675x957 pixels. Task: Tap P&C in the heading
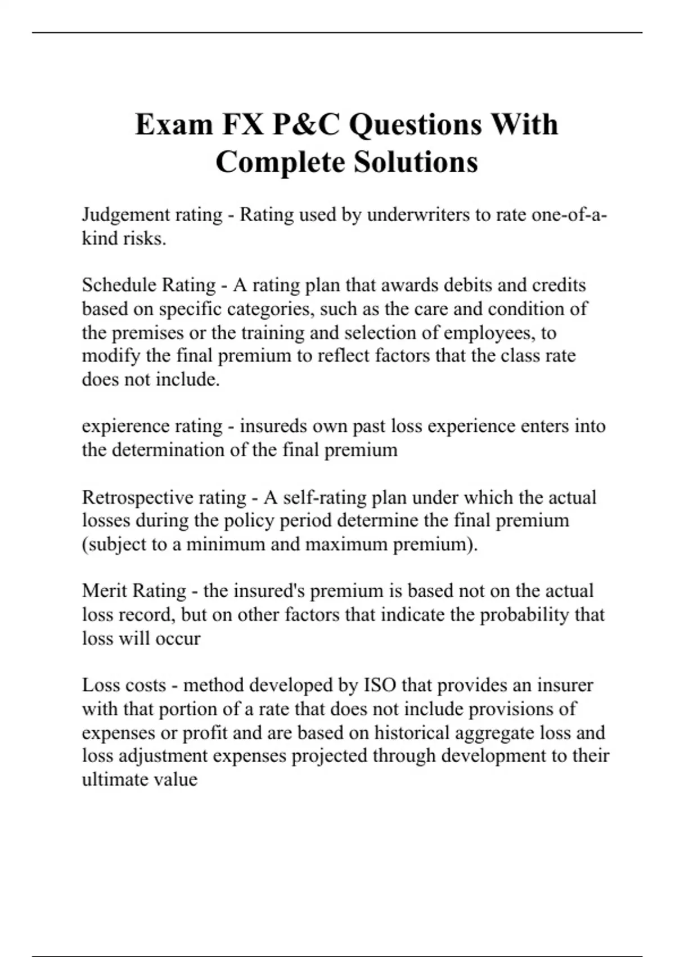point(306,124)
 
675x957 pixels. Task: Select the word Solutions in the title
point(416,162)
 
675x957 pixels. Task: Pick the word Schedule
point(118,285)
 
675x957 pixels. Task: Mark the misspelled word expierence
point(125,426)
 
